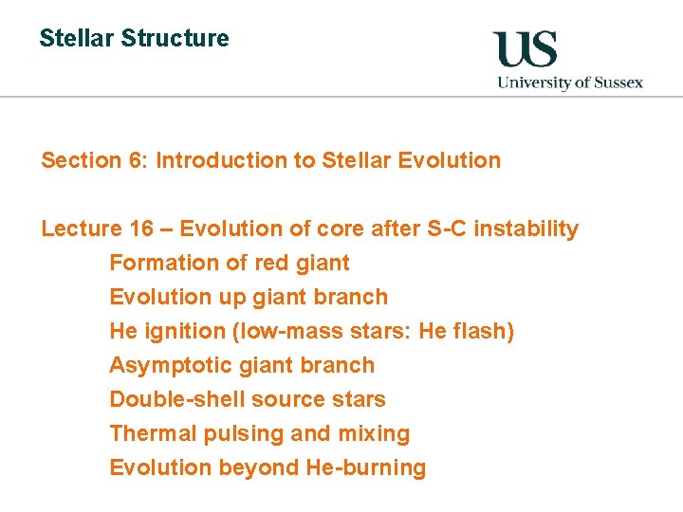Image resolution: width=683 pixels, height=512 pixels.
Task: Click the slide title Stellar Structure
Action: coord(134,39)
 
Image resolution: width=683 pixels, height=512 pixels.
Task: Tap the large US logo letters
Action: coord(525,50)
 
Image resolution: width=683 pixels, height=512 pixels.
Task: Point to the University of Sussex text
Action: coord(570,82)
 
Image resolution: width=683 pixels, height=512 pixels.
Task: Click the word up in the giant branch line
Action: coord(232,298)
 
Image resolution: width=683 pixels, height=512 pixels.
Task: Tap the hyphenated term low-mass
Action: coord(273,332)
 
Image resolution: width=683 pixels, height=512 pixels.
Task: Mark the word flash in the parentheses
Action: coord(483,332)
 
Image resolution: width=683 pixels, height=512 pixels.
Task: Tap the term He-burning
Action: coord(366,467)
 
